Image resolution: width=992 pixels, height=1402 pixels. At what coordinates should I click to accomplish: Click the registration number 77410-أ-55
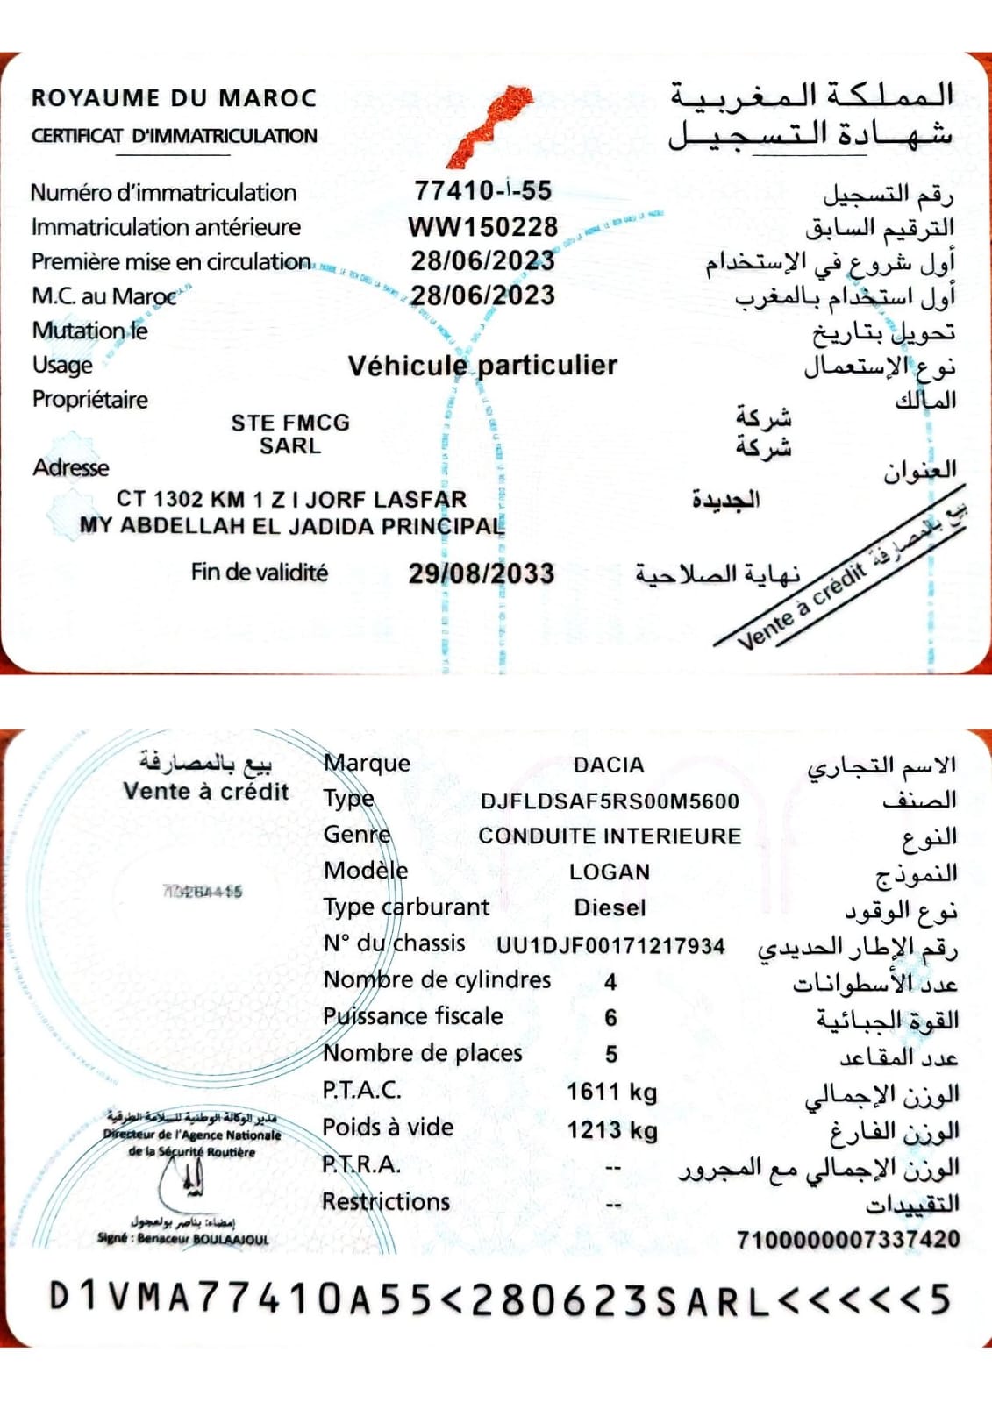482,190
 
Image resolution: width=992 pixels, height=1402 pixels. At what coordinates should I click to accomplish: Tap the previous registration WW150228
482,226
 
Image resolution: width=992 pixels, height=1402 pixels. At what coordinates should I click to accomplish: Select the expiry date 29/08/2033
481,573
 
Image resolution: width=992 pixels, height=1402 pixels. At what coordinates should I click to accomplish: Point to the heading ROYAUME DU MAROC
174,97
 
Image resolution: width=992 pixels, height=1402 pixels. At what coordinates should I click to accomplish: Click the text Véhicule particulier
482,365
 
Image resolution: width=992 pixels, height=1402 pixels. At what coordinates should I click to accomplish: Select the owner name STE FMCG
290,423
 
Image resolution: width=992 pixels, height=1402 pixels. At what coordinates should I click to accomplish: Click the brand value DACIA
609,765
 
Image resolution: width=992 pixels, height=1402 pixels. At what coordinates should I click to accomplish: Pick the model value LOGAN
610,872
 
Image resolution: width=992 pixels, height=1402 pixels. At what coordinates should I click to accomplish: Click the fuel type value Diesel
610,907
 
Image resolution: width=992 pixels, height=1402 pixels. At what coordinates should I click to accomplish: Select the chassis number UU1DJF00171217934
610,946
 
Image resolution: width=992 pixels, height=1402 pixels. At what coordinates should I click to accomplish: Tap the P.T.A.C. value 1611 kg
611,1092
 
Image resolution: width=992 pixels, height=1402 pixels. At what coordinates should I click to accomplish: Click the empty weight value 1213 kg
611,1129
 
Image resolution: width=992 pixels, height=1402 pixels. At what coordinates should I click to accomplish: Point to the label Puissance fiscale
412,1016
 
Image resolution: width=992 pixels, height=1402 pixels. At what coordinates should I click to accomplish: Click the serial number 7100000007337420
847,1239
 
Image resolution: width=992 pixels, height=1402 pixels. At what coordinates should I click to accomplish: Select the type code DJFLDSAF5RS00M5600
610,801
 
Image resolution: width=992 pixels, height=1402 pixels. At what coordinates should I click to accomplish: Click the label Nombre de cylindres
437,979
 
